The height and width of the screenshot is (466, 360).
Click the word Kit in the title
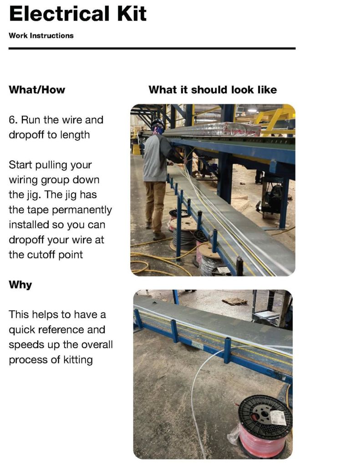pyautogui.click(x=132, y=14)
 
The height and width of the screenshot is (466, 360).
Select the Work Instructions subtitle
pyautogui.click(x=41, y=36)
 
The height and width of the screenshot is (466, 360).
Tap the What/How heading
pyautogui.click(x=37, y=90)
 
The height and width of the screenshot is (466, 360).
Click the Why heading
pyautogui.click(x=20, y=285)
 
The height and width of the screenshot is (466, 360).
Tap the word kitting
pyautogui.click(x=78, y=360)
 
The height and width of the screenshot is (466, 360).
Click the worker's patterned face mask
pyautogui.click(x=158, y=129)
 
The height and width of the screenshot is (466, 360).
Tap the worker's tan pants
pyautogui.click(x=155, y=205)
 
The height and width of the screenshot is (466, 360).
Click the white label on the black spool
pyautogui.click(x=279, y=417)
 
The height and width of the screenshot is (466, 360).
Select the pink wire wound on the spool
pyautogui.click(x=261, y=442)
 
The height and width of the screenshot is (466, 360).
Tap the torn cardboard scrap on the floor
pyautogui.click(x=234, y=302)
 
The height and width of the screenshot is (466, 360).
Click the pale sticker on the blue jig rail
pyautogui.click(x=196, y=345)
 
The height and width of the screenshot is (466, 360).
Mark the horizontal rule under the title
pyautogui.click(x=152, y=48)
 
